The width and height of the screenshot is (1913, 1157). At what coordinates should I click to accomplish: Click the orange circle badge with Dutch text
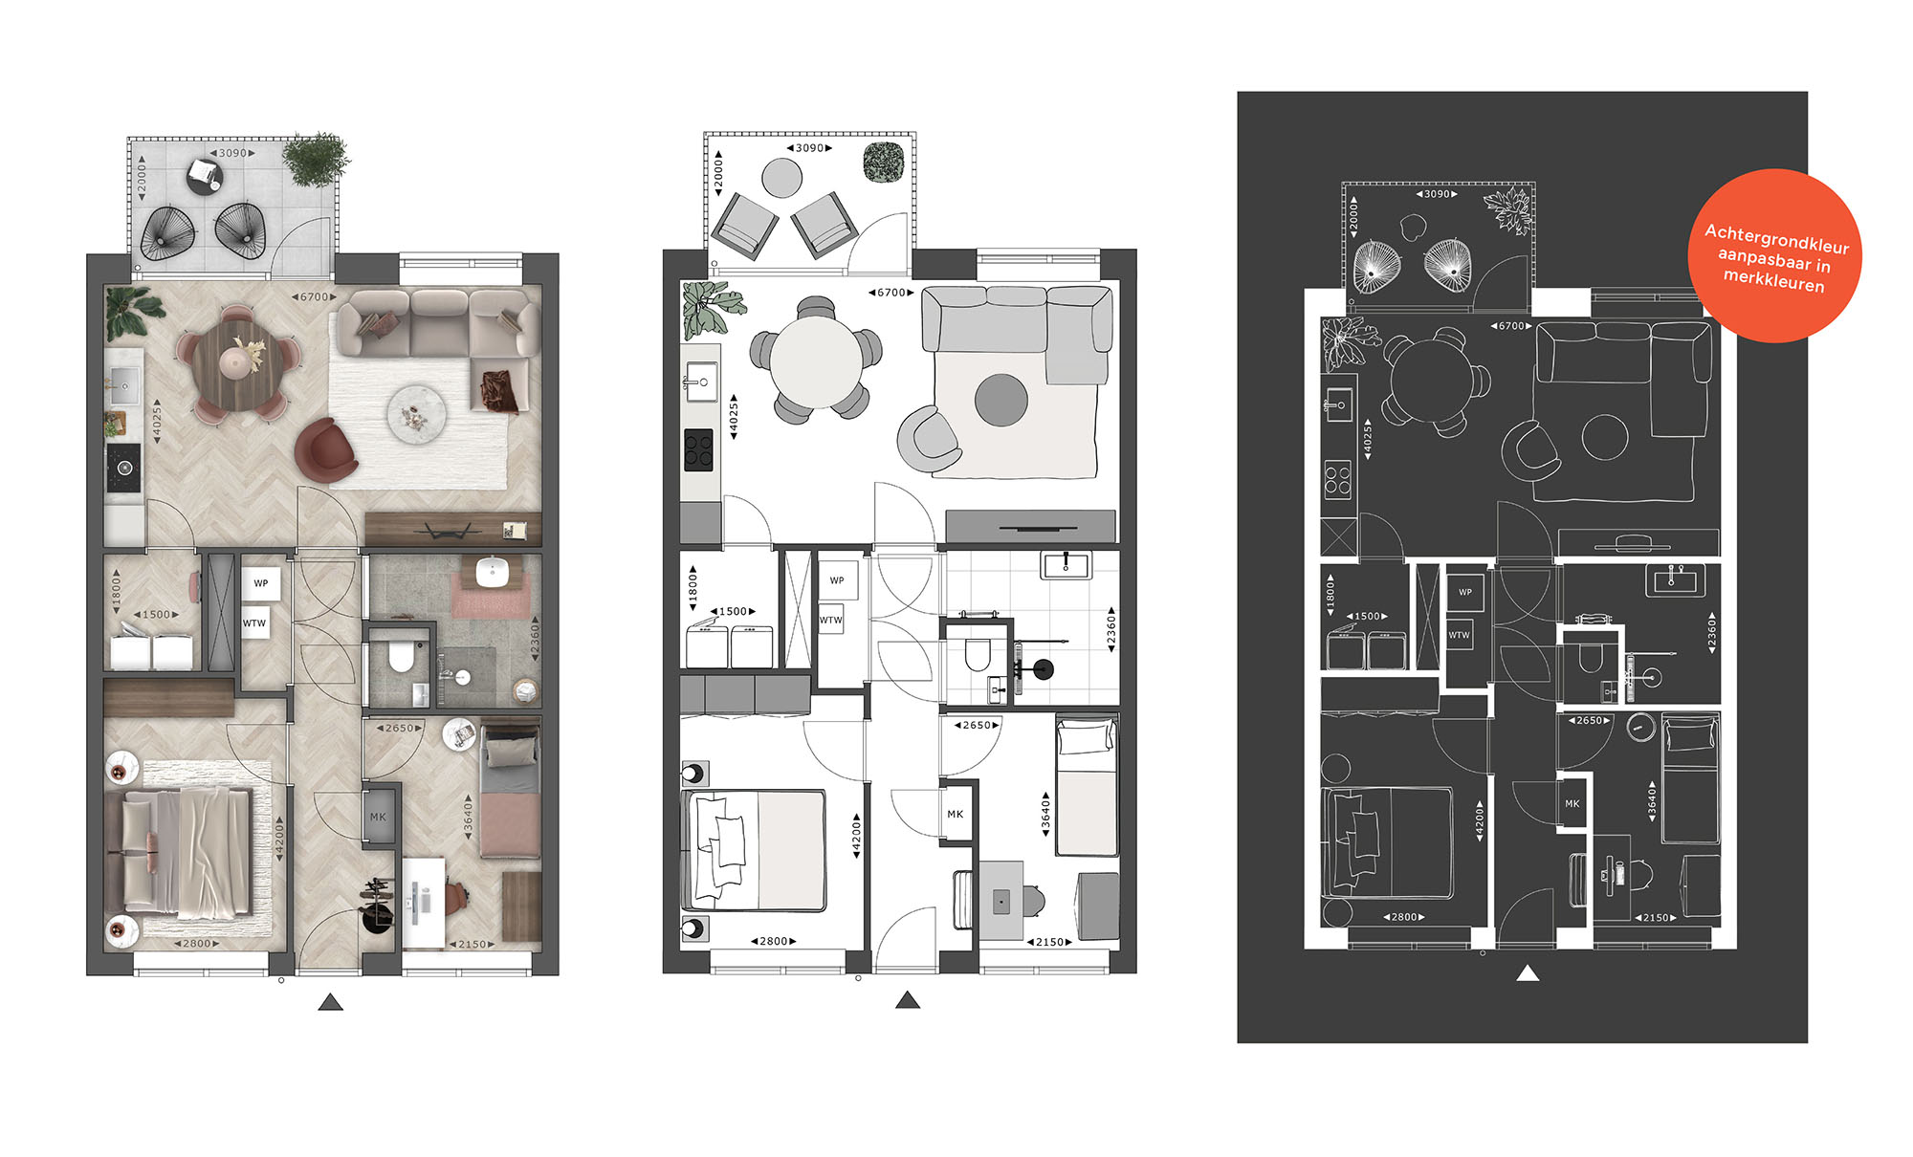coord(1775,256)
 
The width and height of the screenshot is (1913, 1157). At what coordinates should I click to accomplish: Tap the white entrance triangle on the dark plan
coord(1528,973)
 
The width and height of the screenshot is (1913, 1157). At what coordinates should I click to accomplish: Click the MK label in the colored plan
coord(378,817)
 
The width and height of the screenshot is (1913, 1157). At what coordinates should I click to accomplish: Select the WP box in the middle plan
coord(837,580)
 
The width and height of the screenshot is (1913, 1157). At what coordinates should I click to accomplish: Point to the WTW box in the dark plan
coord(1460,635)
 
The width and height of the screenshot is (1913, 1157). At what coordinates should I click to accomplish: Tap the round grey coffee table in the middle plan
coord(1001,400)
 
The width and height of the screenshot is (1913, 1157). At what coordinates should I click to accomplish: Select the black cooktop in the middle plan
coord(698,450)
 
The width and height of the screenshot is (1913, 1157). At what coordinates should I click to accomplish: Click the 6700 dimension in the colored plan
coord(314,297)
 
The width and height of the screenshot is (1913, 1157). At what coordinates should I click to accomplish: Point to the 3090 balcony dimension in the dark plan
coord(1437,194)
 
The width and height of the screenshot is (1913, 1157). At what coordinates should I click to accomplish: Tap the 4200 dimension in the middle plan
coord(856,837)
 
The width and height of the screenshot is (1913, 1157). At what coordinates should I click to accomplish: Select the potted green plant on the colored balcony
coord(316,160)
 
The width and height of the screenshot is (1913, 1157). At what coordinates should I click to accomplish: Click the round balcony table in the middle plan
coord(781,178)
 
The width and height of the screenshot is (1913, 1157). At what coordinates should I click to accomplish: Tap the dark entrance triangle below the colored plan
coord(330,1002)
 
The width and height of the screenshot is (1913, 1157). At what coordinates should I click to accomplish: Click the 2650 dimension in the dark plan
coord(1589,721)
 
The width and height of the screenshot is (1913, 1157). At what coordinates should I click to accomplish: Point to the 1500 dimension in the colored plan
coord(156,615)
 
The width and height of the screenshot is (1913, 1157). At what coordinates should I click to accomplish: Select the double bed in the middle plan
coord(754,850)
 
